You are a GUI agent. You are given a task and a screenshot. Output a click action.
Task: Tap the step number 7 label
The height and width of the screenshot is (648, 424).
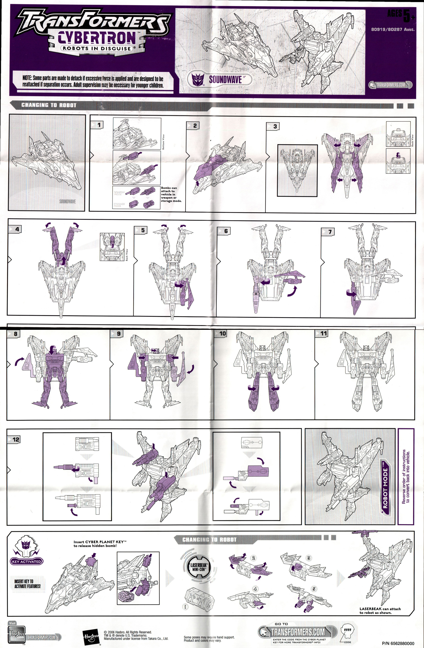click(330, 232)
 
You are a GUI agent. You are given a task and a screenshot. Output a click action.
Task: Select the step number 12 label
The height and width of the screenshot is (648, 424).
click(16, 439)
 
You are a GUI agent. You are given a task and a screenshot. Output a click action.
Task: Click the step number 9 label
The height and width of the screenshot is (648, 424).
click(118, 334)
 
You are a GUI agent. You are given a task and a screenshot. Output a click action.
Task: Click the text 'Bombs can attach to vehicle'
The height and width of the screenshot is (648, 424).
click(171, 194)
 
